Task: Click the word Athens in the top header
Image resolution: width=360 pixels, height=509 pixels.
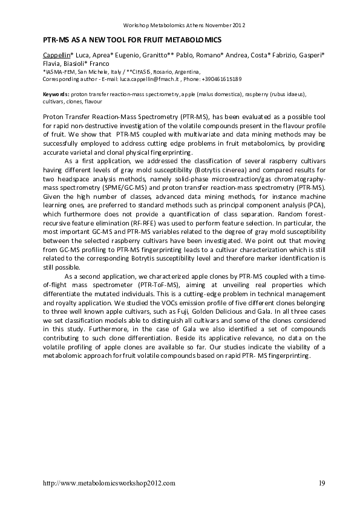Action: click(186, 25)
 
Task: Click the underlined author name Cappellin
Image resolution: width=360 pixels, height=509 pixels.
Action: click(56, 54)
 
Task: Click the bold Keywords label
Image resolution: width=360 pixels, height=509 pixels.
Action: click(56, 95)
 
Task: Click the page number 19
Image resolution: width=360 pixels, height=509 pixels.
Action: click(321, 483)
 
